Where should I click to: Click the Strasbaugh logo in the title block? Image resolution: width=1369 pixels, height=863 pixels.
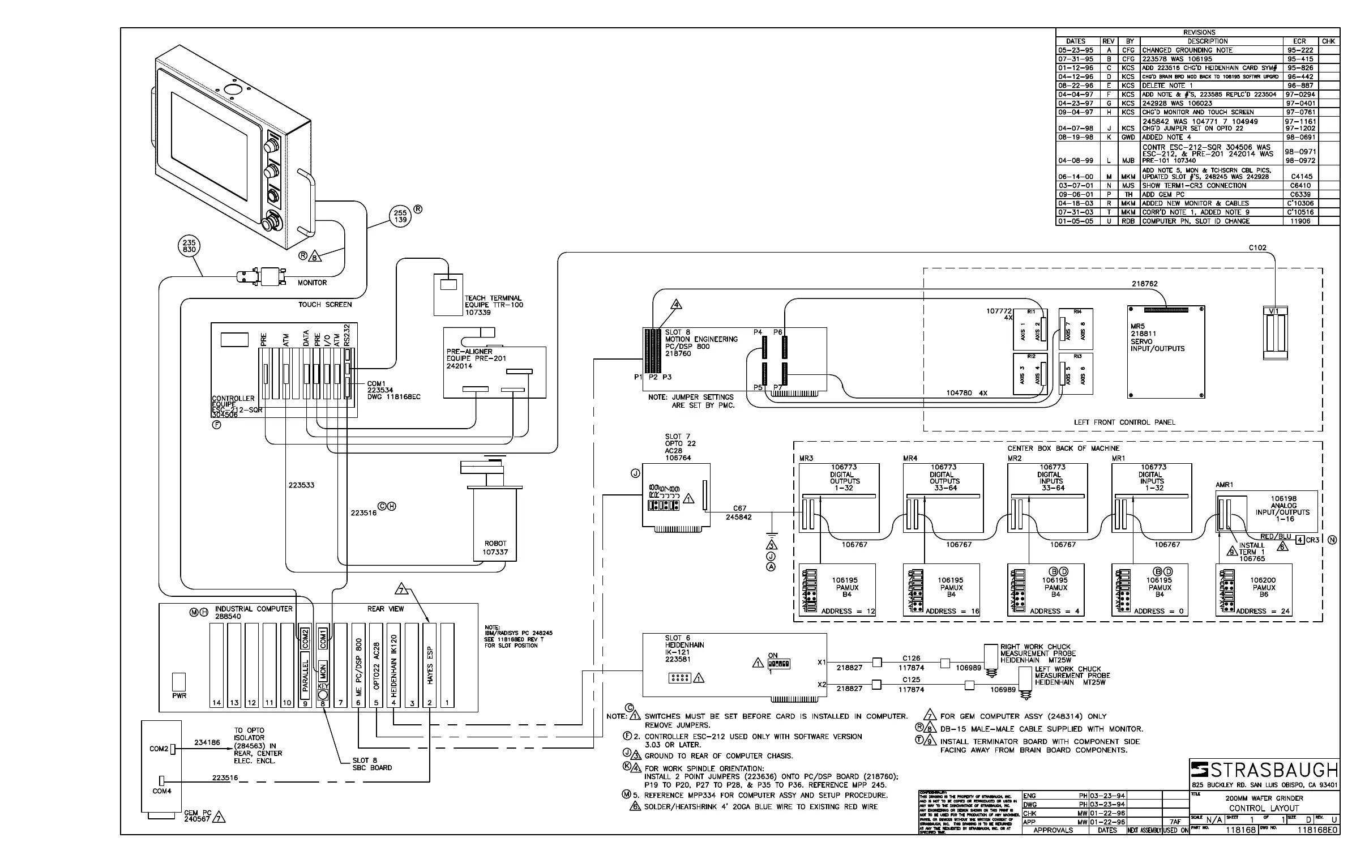(x=1264, y=771)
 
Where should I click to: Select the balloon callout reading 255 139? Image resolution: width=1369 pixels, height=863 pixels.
(x=401, y=217)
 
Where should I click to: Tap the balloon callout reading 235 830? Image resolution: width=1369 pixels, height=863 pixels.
(x=189, y=246)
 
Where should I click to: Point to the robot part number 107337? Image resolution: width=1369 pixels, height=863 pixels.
(x=495, y=552)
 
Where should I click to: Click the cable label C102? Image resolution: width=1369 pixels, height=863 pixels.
(x=1257, y=248)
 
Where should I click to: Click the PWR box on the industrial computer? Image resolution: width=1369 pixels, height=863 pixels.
(x=179, y=682)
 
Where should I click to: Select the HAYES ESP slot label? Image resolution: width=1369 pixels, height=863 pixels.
(x=430, y=665)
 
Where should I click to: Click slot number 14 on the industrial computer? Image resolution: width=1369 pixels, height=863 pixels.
(x=217, y=703)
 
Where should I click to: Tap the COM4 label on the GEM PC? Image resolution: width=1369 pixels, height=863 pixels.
(x=161, y=791)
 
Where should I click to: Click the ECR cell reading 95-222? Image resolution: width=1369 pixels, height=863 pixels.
(x=1299, y=50)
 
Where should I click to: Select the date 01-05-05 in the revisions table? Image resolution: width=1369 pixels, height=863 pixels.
(x=1075, y=221)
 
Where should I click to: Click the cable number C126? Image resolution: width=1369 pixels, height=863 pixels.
(x=912, y=659)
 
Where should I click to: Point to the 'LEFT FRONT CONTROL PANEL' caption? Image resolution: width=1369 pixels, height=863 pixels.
(x=1124, y=422)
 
